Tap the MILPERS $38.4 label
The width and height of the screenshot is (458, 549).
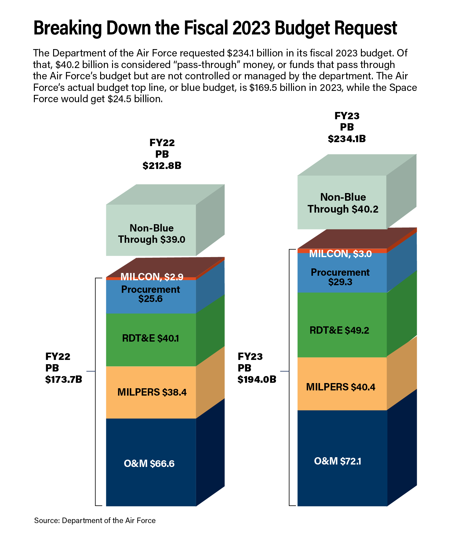152,392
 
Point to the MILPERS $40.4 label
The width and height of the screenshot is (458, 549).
341,387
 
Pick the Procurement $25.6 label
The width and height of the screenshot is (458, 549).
151,294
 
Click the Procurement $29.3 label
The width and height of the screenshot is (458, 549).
340,277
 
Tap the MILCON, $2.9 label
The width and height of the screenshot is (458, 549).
152,277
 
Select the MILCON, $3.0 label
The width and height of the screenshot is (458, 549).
340,254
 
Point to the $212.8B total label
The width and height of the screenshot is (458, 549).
162,166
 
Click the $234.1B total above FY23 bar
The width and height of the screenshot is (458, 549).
347,139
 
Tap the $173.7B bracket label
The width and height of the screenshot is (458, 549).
64,379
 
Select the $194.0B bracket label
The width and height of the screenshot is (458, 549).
257,379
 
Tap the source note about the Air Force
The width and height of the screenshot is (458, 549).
95,520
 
